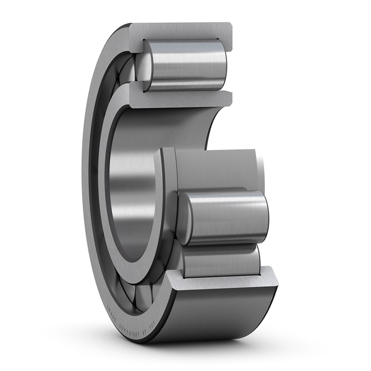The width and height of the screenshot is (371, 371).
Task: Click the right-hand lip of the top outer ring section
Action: pyautogui.click(x=228, y=37)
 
